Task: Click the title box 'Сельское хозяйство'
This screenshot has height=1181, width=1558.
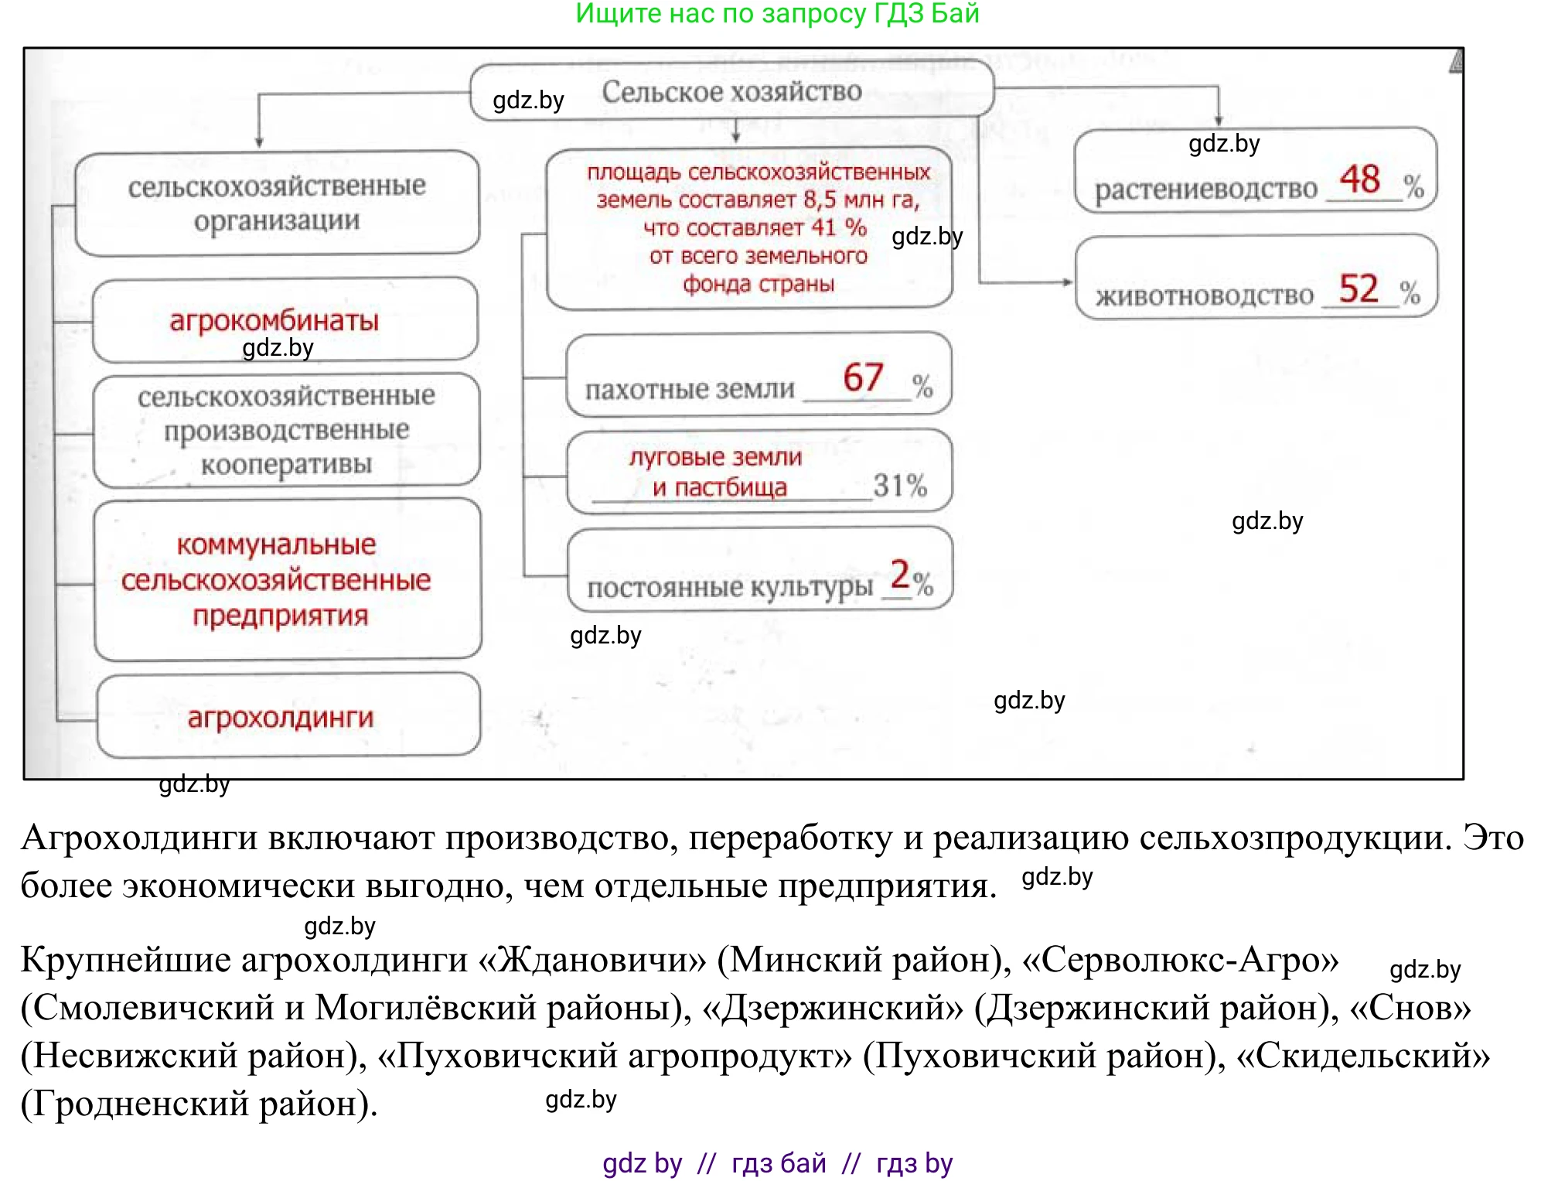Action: point(731,92)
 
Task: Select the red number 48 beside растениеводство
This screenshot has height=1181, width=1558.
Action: point(1360,179)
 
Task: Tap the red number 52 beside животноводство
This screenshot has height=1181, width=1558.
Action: point(1359,288)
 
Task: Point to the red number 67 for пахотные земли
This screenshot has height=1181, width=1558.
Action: point(863,377)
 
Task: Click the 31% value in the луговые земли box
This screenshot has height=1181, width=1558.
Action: point(900,486)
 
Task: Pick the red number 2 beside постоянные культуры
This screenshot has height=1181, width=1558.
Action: point(900,575)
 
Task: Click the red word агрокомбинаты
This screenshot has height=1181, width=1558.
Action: point(274,320)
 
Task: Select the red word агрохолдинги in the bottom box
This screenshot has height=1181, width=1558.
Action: point(281,718)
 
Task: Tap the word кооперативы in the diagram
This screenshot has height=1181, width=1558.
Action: point(286,464)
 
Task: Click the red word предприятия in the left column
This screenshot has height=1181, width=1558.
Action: point(280,616)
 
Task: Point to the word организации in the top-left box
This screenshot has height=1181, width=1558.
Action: point(277,221)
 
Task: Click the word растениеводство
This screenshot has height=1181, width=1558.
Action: point(1205,189)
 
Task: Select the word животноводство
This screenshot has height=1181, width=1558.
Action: point(1204,295)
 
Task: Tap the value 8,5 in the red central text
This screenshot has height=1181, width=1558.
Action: point(820,200)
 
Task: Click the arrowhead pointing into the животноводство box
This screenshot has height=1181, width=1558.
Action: point(1068,282)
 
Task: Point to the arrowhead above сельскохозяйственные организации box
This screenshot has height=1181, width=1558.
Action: point(259,142)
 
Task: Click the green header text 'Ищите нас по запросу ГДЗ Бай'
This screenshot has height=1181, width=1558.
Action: point(777,14)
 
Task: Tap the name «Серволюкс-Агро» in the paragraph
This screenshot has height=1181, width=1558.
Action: point(1181,960)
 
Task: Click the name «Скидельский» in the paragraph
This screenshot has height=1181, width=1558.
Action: point(1363,1056)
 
